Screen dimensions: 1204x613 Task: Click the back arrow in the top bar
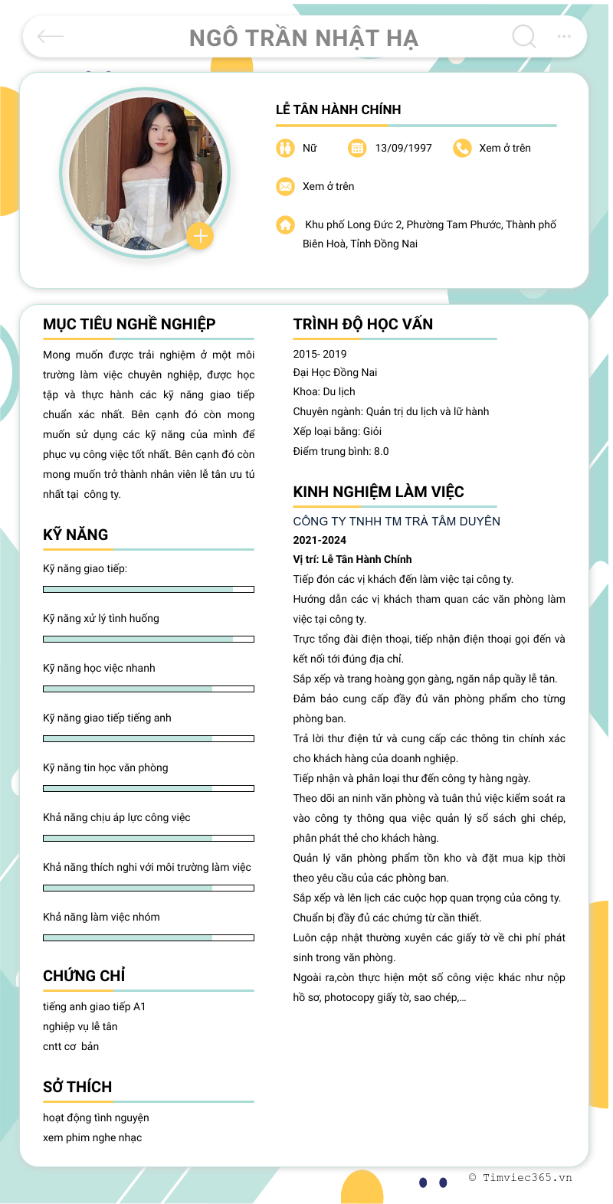coord(51,36)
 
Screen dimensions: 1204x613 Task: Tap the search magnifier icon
coord(524,36)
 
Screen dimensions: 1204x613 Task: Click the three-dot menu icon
coord(564,36)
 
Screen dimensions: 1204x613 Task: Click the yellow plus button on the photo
coord(200,236)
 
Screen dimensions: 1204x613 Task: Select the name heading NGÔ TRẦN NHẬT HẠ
coord(303,38)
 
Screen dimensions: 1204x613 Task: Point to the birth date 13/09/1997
coord(403,148)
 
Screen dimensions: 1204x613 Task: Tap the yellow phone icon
coord(462,148)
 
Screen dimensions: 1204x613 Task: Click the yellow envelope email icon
coord(285,186)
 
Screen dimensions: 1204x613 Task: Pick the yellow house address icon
coord(285,224)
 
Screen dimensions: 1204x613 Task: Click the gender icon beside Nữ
coord(285,148)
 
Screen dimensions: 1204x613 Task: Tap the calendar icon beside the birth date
coord(357,148)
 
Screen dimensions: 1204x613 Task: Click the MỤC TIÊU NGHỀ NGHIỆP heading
coord(129,324)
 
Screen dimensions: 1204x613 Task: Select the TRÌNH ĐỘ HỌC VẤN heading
coord(362,324)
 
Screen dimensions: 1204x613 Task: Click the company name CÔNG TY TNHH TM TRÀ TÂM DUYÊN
coord(396,522)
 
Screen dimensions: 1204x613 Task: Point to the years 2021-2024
coord(320,540)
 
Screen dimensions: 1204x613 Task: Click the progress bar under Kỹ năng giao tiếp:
coord(149,589)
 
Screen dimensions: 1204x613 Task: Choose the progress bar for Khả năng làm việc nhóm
coord(149,937)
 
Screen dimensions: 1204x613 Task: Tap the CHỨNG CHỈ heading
coord(84,976)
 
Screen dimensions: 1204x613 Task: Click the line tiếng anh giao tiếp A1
coord(94,1006)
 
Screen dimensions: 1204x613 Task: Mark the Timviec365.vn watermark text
coord(521,1178)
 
